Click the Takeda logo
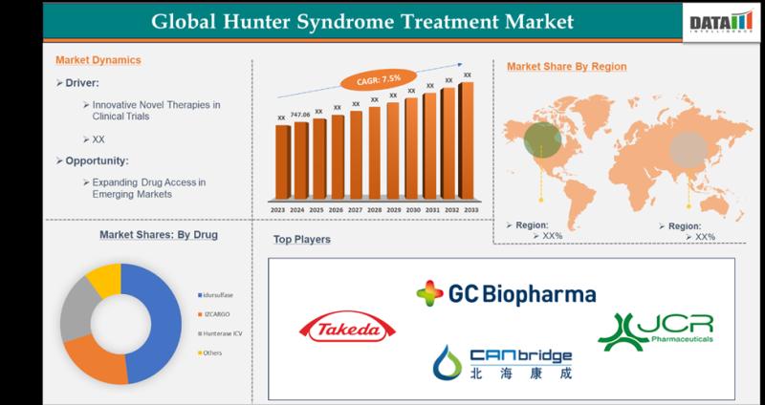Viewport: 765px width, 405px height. [x=345, y=330]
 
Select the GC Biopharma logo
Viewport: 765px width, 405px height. [x=506, y=294]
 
